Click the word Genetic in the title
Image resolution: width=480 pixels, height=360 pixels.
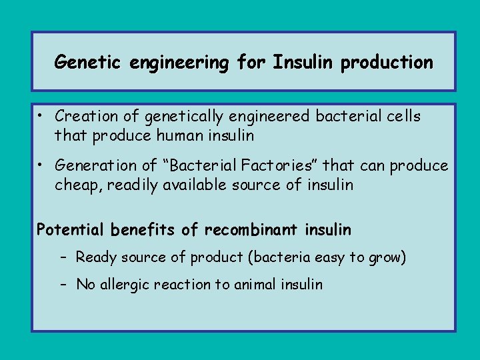[84, 63]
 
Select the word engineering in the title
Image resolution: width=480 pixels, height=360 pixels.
[175, 63]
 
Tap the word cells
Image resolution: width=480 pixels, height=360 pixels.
[403, 116]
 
